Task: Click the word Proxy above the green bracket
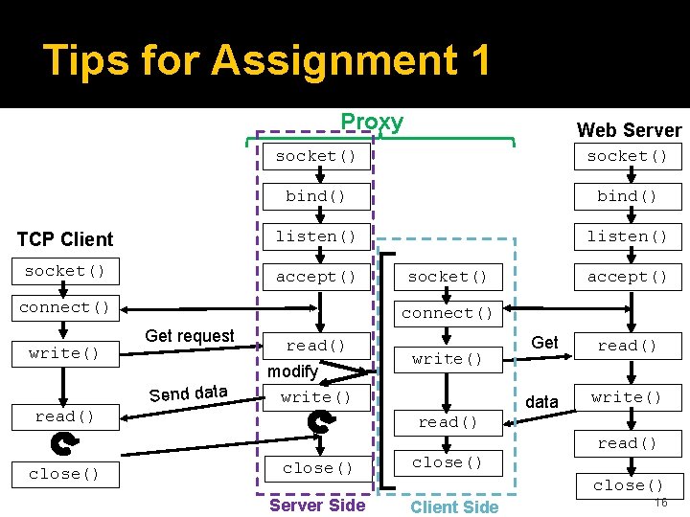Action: [372, 122]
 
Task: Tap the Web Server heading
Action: [629, 130]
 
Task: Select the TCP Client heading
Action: [65, 239]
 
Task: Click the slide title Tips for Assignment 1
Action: [267, 60]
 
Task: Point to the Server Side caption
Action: [317, 505]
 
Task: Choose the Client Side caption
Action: [454, 506]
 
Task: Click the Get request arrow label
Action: [189, 336]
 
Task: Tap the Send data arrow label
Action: [188, 393]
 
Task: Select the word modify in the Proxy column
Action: [292, 371]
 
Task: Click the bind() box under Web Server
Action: [627, 196]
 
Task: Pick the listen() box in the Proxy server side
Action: [315, 236]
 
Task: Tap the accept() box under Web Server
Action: [627, 277]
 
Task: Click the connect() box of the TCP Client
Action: [64, 307]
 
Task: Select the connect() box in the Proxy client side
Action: [448, 313]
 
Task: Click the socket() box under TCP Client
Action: [64, 271]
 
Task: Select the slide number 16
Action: [660, 503]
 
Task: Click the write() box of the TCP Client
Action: [64, 353]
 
